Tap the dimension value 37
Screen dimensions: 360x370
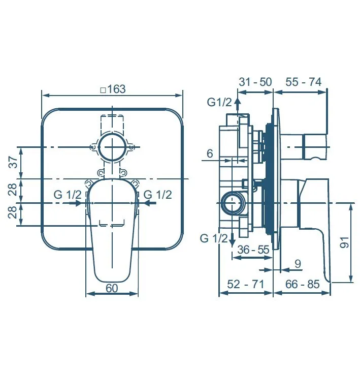[14, 162]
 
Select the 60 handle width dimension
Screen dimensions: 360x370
[112, 288]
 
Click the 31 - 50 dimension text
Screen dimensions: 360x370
[255, 82]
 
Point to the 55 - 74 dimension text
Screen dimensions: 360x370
[304, 82]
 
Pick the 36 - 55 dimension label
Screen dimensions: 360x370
[253, 250]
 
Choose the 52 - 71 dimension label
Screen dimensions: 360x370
[246, 284]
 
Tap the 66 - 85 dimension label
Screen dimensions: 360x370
[303, 284]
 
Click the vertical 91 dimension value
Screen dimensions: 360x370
[344, 242]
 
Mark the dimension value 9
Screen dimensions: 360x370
[298, 264]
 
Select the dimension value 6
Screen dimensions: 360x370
[210, 153]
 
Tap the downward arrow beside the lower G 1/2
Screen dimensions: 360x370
[233, 239]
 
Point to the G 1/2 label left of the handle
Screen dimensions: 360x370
[68, 195]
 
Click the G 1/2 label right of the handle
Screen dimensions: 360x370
[158, 195]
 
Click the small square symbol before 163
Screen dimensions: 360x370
[103, 90]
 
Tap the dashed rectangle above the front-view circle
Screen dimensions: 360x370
[112, 124]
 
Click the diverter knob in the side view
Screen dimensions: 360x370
[315, 147]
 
